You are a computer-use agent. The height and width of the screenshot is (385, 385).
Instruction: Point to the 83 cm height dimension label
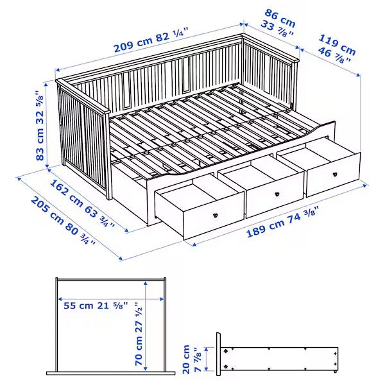tap(40, 138)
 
